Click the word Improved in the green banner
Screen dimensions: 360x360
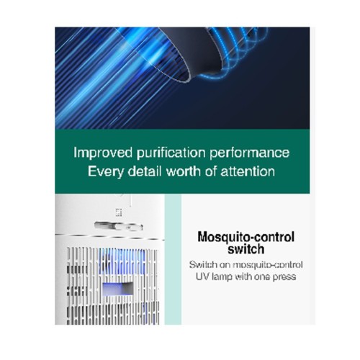[x=103, y=153]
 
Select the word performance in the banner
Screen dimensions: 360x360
[x=250, y=153]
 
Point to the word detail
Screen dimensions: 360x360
[x=145, y=171]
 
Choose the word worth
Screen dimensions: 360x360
[x=184, y=171]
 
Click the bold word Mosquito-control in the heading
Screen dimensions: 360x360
[x=246, y=237]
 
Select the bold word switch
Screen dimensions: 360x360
[x=246, y=248]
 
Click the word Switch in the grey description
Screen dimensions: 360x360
[x=202, y=265]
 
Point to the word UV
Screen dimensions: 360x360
[x=201, y=276]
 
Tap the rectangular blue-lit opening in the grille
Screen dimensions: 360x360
[x=117, y=289]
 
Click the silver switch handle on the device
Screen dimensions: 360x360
[x=119, y=226]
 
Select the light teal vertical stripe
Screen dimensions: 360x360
[x=173, y=260]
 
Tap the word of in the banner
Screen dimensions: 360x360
[x=211, y=171]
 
